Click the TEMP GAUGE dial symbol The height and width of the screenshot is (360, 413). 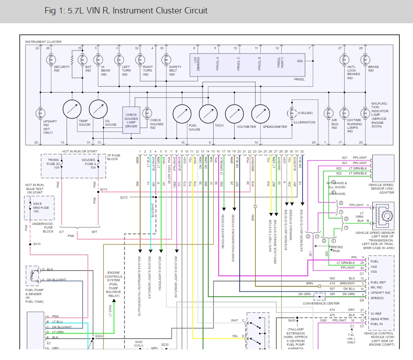click(x=72, y=109)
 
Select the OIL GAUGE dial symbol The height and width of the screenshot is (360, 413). click(x=98, y=109)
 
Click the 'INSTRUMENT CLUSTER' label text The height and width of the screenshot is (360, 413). click(x=43, y=42)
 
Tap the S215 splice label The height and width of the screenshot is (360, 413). click(x=124, y=197)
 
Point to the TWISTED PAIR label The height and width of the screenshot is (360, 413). click(x=336, y=249)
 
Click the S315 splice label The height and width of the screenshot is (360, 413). click(x=37, y=244)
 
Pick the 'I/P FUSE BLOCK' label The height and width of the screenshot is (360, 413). click(x=113, y=158)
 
